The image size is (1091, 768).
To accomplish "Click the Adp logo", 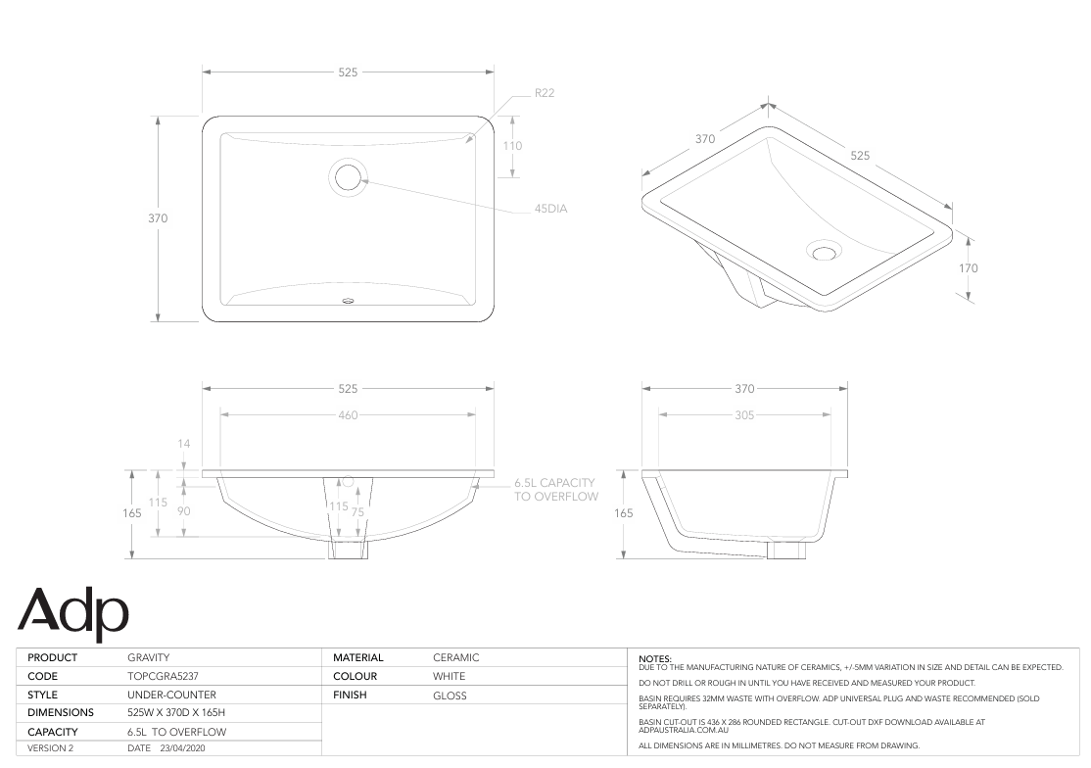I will [73, 609].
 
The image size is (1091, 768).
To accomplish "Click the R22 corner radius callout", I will [545, 93].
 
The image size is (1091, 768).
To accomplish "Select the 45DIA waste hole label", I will [550, 209].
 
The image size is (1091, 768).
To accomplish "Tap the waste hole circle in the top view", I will [348, 177].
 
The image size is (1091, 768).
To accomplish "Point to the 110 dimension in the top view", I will [512, 146].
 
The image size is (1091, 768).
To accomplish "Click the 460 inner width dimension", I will [348, 414].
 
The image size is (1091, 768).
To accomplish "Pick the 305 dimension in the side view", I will [743, 414].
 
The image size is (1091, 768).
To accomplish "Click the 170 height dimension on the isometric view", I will [969, 267].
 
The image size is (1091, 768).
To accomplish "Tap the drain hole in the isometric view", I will [824, 252].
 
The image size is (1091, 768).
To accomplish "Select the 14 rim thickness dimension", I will [183, 444].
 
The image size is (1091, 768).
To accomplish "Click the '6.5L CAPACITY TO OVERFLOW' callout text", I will [556, 490].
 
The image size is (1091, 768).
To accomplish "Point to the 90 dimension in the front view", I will [183, 511].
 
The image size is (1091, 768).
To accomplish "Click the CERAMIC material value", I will [455, 657].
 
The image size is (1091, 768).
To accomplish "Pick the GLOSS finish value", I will [450, 696].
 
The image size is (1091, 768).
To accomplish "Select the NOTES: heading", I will [654, 658].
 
